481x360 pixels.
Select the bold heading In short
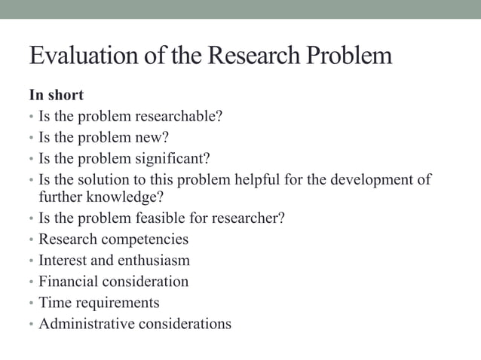coord(56,96)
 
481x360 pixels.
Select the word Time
coord(53,303)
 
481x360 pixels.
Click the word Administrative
coord(84,324)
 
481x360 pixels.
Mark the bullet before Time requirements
coord(32,304)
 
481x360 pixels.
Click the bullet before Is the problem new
coord(32,139)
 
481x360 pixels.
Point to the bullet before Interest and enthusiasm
coord(32,261)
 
